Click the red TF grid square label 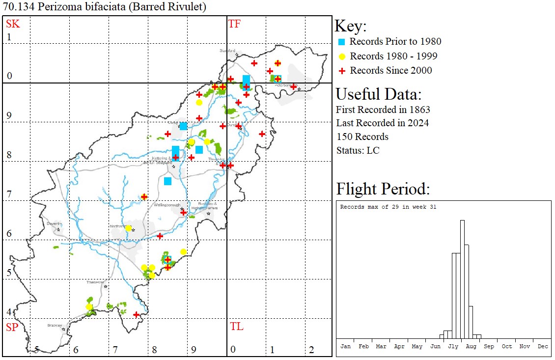point(234,24)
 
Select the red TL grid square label point(236,327)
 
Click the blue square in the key point(342,42)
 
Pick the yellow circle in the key point(342,56)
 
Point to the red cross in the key point(342,71)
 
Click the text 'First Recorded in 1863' point(383,109)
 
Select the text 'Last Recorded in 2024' point(382,123)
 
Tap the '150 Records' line point(362,137)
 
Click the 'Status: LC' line point(358,150)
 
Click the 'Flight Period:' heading point(383,189)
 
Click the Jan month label point(346,346)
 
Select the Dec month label point(542,346)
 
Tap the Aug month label point(471,346)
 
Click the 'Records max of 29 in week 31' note point(388,207)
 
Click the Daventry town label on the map point(54,223)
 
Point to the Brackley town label point(54,325)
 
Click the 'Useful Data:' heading point(378,94)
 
